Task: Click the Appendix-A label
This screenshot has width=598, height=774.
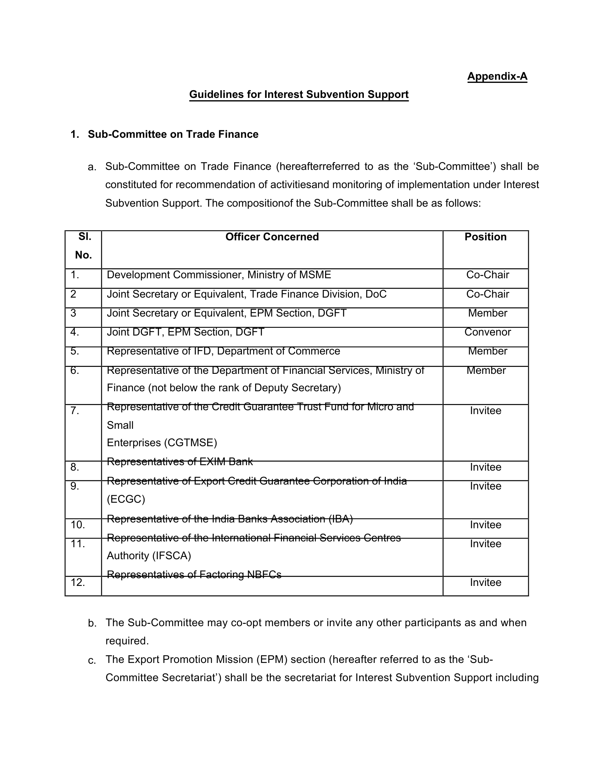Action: pyautogui.click(x=497, y=76)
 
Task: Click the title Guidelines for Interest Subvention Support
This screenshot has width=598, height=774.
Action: pyautogui.click(x=299, y=94)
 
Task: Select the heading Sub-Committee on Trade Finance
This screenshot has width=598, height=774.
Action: pyautogui.click(x=173, y=134)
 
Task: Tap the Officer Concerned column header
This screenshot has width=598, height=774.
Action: pyautogui.click(x=272, y=237)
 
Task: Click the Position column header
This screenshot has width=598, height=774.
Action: pyautogui.click(x=485, y=237)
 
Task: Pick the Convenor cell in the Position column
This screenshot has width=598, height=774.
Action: pyautogui.click(x=487, y=332)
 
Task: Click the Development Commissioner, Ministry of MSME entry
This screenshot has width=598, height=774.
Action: pyautogui.click(x=219, y=275)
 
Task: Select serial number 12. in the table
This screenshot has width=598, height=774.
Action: pyautogui.click(x=78, y=582)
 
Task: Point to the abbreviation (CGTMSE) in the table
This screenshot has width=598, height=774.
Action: pyautogui.click(x=162, y=443)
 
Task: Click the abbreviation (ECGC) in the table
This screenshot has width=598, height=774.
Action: pyautogui.click(x=126, y=499)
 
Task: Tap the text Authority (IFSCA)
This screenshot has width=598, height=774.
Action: pyautogui.click(x=149, y=556)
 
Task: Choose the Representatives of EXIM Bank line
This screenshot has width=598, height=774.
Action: pyautogui.click(x=180, y=462)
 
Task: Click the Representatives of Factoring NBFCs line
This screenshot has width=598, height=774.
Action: pyautogui.click(x=194, y=575)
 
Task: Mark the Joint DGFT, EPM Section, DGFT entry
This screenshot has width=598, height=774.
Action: pyautogui.click(x=185, y=332)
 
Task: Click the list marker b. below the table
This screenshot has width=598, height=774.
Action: pyautogui.click(x=92, y=623)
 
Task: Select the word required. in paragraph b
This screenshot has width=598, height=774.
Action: pyautogui.click(x=127, y=641)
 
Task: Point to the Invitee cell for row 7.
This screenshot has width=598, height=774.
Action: pyautogui.click(x=485, y=411)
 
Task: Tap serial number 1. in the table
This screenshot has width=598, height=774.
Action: pyautogui.click(x=75, y=275)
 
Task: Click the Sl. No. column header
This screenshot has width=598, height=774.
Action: pyautogui.click(x=83, y=246)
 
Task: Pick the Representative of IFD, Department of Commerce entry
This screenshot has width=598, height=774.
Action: pyautogui.click(x=223, y=351)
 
